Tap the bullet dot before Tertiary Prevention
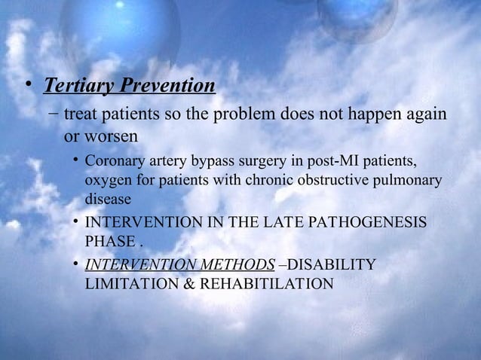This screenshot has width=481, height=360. pos(28,86)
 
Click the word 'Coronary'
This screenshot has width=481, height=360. pos(116,162)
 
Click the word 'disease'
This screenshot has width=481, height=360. pos(109,200)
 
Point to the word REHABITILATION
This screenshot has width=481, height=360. pos(265,285)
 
